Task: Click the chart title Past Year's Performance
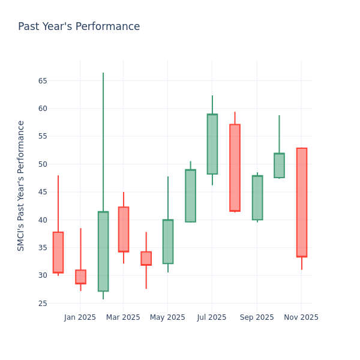[x=79, y=27]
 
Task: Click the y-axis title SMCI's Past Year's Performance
[x=21, y=185]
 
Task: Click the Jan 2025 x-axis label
[x=80, y=317]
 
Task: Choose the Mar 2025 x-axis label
[x=123, y=317]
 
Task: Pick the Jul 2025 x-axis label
[x=212, y=317]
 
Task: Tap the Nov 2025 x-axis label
[x=301, y=317]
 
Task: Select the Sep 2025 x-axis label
[x=257, y=317]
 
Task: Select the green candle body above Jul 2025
[x=212, y=144]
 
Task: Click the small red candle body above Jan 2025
[x=80, y=277]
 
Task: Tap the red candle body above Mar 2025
[x=123, y=229]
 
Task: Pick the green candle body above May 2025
[x=168, y=241]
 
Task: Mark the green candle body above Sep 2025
[x=257, y=197]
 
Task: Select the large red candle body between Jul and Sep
[x=235, y=167]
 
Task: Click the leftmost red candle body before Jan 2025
[x=58, y=252]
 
